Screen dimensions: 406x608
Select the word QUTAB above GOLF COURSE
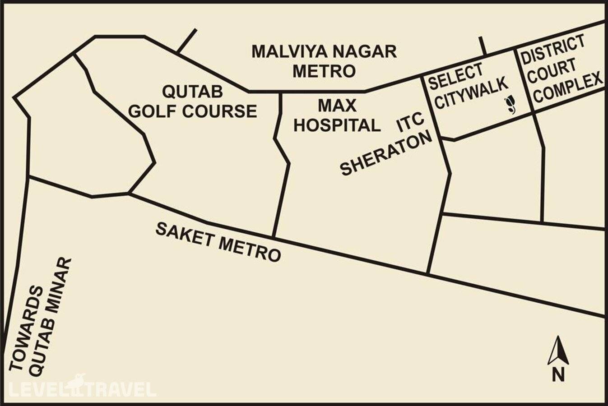192,92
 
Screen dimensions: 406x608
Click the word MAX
337,106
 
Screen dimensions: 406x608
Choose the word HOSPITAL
337,125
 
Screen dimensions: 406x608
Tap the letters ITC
410,122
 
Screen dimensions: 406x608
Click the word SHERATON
386,154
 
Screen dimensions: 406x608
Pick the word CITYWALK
471,93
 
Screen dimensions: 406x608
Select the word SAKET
184,234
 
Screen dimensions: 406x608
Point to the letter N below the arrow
558,374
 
